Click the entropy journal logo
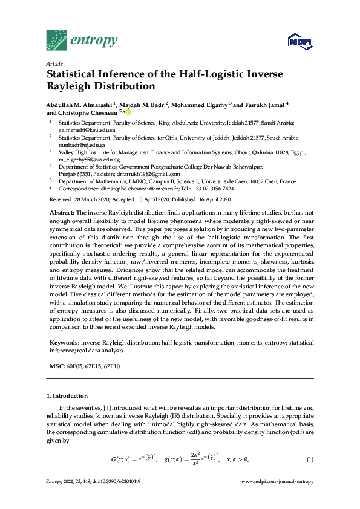coord(82,40)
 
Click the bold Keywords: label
coord(64,342)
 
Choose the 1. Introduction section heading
coord(67,396)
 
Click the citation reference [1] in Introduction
coord(91,408)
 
